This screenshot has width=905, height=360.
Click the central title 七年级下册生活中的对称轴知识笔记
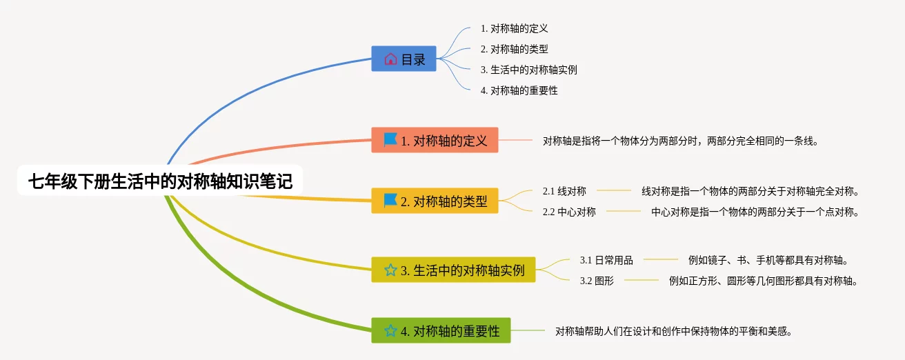160,181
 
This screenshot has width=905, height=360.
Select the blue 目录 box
404,59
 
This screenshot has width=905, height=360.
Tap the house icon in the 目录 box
390,59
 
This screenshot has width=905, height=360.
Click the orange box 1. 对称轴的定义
435,140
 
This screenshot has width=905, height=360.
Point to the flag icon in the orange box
390,140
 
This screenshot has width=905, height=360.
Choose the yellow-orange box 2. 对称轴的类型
435,201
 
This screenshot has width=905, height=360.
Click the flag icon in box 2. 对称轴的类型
390,201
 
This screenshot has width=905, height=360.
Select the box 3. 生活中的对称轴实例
453,270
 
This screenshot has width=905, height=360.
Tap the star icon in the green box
390,331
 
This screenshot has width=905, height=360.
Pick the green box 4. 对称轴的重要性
441,330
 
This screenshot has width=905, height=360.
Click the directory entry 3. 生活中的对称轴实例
528,70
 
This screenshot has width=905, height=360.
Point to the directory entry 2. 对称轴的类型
514,49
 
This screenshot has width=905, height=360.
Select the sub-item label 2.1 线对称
564,191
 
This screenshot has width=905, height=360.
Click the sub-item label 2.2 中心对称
569,212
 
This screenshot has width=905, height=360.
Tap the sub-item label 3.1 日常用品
606,260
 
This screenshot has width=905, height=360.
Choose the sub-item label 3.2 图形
597,281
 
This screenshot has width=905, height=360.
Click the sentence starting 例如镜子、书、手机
768,260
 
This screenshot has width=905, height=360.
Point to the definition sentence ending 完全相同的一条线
680,141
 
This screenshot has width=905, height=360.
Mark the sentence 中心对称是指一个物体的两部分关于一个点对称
755,212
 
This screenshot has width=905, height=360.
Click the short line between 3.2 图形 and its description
642,280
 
